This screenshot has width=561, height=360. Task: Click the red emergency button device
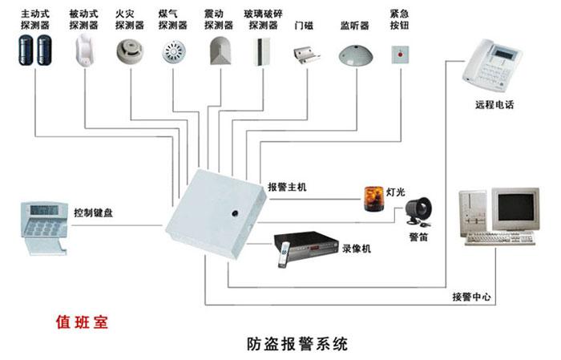click(397, 54)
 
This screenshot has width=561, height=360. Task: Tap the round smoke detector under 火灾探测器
click(127, 51)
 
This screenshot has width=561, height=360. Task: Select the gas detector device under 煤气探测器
click(171, 53)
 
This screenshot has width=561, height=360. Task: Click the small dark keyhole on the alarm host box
click(236, 214)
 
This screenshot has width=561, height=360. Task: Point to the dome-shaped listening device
click(354, 55)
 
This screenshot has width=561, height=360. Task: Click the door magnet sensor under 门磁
click(305, 55)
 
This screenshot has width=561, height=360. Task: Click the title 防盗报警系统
click(297, 345)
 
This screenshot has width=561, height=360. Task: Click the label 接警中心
click(471, 297)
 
